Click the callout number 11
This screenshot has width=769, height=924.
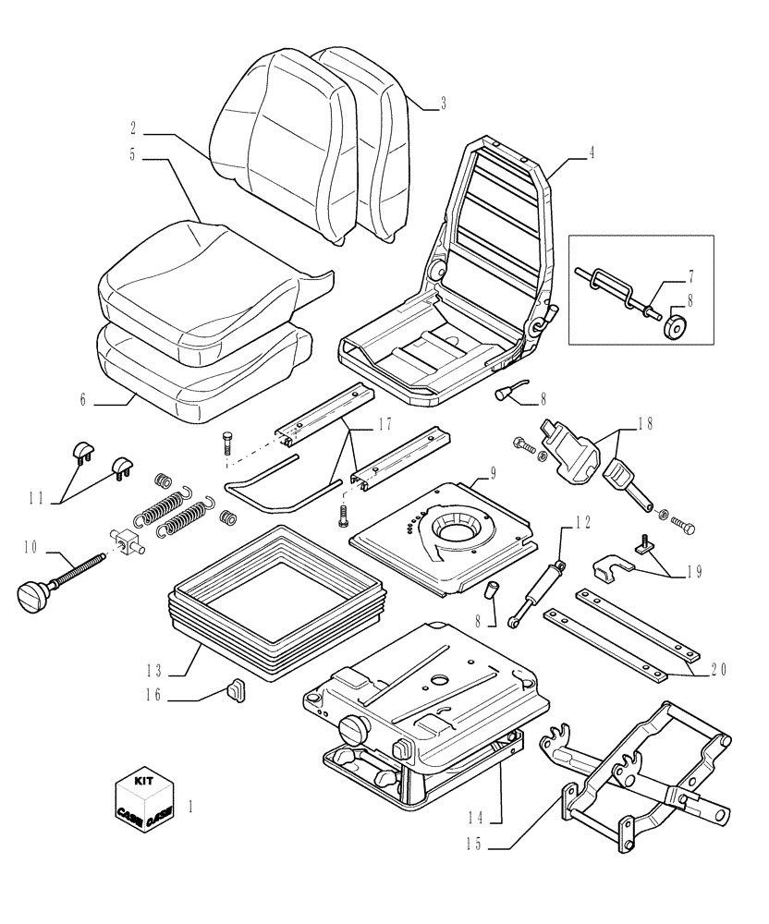tap(37, 499)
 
